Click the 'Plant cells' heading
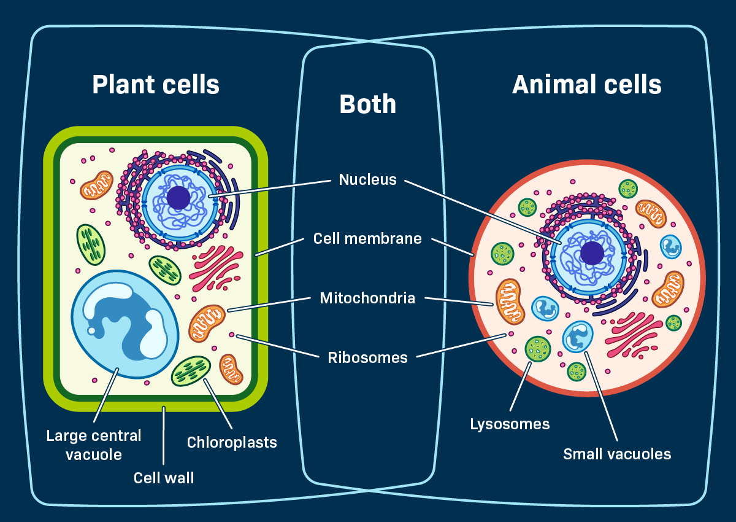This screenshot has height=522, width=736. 156,84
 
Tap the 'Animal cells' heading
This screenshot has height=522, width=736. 586,84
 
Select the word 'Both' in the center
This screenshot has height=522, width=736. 367,104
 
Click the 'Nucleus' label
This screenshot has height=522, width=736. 367,180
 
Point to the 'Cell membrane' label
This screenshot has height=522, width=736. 367,238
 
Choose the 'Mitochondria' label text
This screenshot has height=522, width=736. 367,298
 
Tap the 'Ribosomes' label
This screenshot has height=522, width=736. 367,357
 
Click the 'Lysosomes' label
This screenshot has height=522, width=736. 510,424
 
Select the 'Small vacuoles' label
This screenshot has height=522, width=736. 617,454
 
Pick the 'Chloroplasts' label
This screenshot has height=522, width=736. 232,442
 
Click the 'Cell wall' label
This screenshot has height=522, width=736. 164,477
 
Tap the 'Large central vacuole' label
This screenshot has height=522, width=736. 94,445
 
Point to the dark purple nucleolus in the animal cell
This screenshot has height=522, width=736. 592,253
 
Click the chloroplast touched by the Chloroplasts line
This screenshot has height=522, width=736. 191,371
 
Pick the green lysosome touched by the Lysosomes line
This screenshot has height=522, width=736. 538,349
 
